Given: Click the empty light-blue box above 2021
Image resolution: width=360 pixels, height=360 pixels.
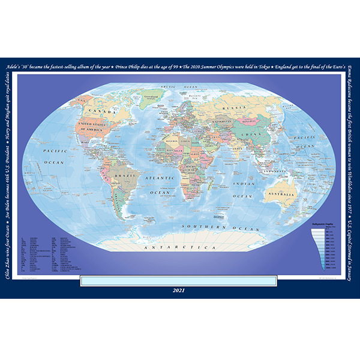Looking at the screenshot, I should tap(178, 280).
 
